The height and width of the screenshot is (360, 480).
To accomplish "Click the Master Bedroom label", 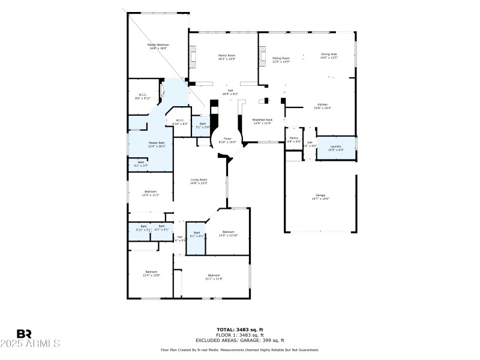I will click(x=158, y=46).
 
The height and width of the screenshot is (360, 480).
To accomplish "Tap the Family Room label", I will click(x=227, y=57).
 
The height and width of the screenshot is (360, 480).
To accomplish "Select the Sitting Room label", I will click(x=281, y=60).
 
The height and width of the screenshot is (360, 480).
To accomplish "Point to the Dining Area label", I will click(x=329, y=56).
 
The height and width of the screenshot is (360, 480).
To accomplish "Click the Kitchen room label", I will click(x=323, y=106).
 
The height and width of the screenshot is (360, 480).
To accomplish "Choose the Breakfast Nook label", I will click(x=262, y=121).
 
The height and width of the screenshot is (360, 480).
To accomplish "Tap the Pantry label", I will click(x=293, y=139).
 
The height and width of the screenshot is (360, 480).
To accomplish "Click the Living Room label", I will click(x=199, y=181).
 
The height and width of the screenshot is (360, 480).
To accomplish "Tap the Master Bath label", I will click(x=157, y=144).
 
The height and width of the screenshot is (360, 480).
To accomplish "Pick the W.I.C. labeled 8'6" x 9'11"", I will click(x=143, y=96).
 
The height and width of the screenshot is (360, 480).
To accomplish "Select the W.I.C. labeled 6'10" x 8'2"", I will click(x=180, y=122).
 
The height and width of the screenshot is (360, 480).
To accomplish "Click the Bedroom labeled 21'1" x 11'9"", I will click(x=214, y=277).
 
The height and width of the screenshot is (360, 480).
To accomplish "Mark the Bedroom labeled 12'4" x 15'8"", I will click(x=152, y=274).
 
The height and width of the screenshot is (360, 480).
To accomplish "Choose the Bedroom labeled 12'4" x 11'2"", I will click(x=150, y=193).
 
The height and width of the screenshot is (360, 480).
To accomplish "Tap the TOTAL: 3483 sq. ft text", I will click(x=239, y=329).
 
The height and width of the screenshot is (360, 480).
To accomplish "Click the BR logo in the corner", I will click(x=24, y=334).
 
